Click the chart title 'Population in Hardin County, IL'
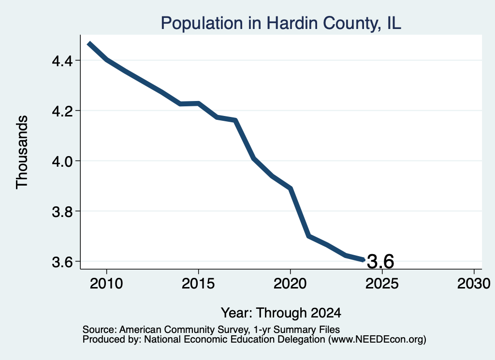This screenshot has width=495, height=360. pos(281,23)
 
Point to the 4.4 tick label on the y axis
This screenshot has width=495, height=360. pos(62,60)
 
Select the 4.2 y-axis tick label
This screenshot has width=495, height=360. pos(62,111)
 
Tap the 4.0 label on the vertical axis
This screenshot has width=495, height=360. pos(62,161)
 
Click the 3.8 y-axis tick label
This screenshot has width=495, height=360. pos(62,211)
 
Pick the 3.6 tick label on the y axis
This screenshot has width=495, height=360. pos(62,262)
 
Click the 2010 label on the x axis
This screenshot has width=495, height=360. pos(106,284)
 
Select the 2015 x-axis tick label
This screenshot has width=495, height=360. pos(198,284)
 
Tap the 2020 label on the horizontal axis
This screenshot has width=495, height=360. pos(290,284)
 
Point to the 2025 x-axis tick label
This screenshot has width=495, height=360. pos(382,284)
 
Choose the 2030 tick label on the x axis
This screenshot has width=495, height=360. pos(474,284)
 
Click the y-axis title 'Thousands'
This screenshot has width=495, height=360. pos(22,152)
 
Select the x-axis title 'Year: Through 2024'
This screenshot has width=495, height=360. pos(281,313)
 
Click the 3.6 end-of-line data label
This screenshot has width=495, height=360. pos(381,261)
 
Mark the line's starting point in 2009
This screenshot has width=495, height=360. pos(89,43)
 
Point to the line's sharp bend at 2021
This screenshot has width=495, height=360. pos(309,236)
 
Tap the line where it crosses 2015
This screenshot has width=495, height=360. pos(199,103)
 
